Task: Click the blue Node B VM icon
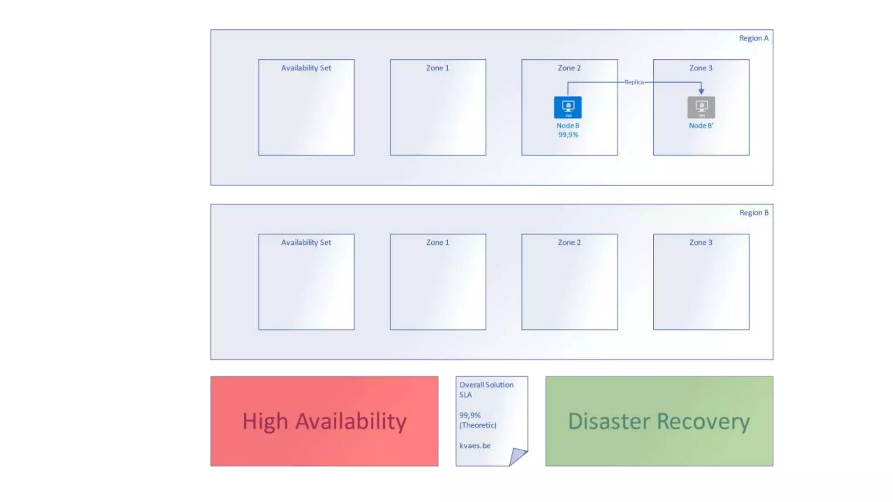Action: (568, 107)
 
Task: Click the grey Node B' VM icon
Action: (701, 107)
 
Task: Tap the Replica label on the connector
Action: (634, 82)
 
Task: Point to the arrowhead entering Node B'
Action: (701, 91)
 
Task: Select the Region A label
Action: (753, 38)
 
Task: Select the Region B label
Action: (753, 213)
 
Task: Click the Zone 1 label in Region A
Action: (437, 68)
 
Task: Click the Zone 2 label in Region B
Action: (569, 242)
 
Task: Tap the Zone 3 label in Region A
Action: (701, 68)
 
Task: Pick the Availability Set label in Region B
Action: (306, 242)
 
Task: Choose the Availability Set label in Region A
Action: (306, 68)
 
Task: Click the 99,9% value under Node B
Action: (568, 135)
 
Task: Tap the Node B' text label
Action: (701, 125)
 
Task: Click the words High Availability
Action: (324, 421)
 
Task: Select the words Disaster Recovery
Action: (659, 421)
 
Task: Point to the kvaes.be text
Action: (475, 445)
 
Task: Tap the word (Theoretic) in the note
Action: (478, 425)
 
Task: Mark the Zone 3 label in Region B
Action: (701, 242)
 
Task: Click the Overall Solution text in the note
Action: (486, 385)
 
